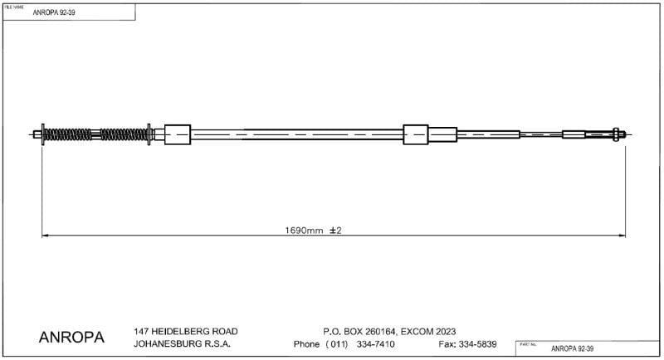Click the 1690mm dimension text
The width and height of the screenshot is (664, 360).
click(303, 230)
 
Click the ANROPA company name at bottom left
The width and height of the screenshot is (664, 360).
click(71, 338)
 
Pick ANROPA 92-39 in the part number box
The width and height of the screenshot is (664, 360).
click(574, 348)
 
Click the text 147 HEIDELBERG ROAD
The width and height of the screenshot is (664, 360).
click(178, 330)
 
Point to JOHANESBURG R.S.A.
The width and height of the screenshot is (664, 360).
click(182, 344)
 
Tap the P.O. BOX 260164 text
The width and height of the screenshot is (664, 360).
click(358, 330)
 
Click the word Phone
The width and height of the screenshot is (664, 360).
click(308, 344)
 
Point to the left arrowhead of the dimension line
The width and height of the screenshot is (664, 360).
click(46, 236)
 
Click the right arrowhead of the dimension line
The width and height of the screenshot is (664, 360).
click(622, 236)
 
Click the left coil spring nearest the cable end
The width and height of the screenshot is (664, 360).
click(62, 134)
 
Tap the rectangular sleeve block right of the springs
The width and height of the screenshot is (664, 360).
click(178, 134)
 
